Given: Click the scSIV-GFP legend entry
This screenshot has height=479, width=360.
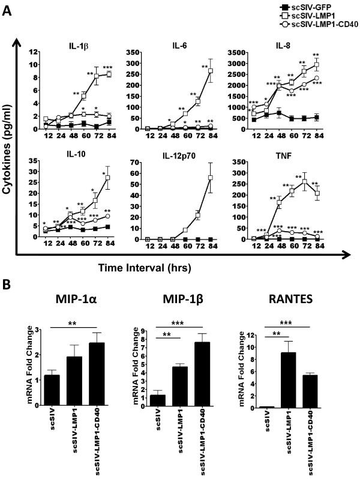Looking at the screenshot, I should coord(310,5).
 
